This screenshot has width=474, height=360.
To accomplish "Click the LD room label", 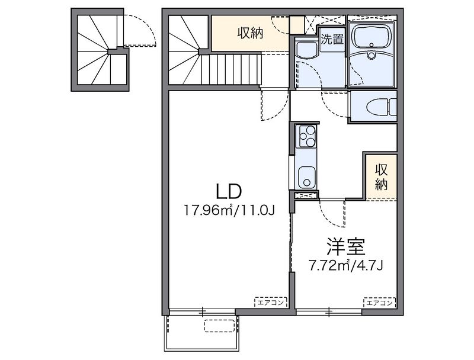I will click(227, 191).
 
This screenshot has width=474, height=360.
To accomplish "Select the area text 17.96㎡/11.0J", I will click(228, 210).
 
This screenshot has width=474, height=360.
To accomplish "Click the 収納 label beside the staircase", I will click(250, 34).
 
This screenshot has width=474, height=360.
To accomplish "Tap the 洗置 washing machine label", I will click(331, 41).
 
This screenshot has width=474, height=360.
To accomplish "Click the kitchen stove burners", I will click(307, 137).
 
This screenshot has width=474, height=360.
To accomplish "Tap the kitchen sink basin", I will click(306, 176).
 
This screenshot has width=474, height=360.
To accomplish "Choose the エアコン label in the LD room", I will click(271, 302).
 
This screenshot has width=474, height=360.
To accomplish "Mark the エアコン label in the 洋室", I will click(380, 302).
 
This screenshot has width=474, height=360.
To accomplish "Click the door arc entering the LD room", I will click(273, 105).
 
